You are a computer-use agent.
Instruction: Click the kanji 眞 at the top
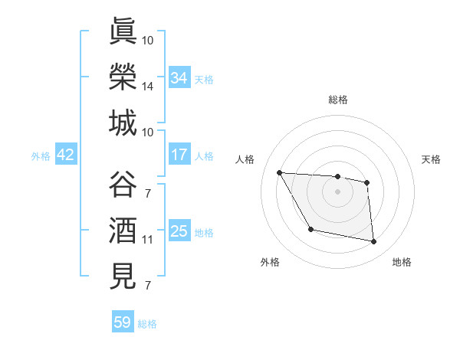(123, 32)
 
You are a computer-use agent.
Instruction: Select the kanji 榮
(123, 77)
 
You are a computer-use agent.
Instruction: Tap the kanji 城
(123, 123)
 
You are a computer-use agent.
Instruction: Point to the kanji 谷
(123, 185)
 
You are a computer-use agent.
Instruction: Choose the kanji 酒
(123, 231)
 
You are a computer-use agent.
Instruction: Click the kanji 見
(123, 277)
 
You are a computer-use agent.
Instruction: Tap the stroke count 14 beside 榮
(148, 87)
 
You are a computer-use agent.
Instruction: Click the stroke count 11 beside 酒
(147, 240)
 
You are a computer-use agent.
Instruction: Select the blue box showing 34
(179, 78)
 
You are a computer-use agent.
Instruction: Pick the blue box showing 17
(179, 155)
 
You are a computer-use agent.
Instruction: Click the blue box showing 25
(179, 231)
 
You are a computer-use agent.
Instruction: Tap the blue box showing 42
(66, 155)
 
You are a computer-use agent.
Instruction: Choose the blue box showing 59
(123, 322)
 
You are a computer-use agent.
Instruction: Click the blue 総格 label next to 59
(147, 324)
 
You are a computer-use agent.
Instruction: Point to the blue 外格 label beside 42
(41, 156)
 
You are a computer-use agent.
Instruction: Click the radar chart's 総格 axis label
(337, 100)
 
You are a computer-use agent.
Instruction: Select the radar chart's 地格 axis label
(402, 262)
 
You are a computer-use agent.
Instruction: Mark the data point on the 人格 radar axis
(279, 172)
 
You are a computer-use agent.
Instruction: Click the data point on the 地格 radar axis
(374, 242)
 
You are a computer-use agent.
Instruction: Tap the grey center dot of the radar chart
(337, 191)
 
